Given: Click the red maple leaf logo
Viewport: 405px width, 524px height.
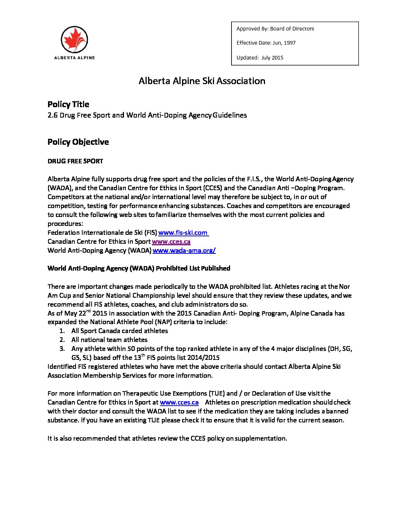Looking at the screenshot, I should point(74,39).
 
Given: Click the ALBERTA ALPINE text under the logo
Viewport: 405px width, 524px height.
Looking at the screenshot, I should point(74,58).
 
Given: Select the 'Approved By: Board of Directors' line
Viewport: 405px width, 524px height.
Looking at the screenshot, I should point(275,29).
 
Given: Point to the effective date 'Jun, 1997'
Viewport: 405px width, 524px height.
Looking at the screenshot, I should point(284,43).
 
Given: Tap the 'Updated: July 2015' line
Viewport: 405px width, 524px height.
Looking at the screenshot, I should point(260,58).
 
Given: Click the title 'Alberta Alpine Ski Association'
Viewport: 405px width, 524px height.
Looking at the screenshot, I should point(202,81).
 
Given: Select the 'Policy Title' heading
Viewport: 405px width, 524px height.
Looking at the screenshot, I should point(68,105).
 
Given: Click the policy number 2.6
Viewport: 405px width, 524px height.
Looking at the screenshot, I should point(52,115).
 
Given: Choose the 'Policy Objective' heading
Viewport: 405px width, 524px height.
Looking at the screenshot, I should point(78,142).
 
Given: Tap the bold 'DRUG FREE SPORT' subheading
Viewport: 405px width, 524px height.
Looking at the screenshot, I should point(75,161).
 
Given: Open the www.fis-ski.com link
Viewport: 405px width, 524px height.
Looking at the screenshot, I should point(183,233).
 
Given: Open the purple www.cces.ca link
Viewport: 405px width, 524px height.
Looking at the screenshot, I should point(171,242).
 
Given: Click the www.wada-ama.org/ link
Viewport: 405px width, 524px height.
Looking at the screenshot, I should point(184,250).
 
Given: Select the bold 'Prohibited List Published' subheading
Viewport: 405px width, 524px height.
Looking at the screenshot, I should point(193,268).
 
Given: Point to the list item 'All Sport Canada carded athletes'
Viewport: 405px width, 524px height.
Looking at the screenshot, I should point(119,331).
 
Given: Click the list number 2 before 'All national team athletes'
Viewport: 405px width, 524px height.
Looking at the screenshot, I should point(62,340).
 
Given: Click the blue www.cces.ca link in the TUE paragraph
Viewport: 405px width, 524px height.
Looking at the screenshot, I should point(179,402).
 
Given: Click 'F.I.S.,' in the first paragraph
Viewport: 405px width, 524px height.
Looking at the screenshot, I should point(254,179).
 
